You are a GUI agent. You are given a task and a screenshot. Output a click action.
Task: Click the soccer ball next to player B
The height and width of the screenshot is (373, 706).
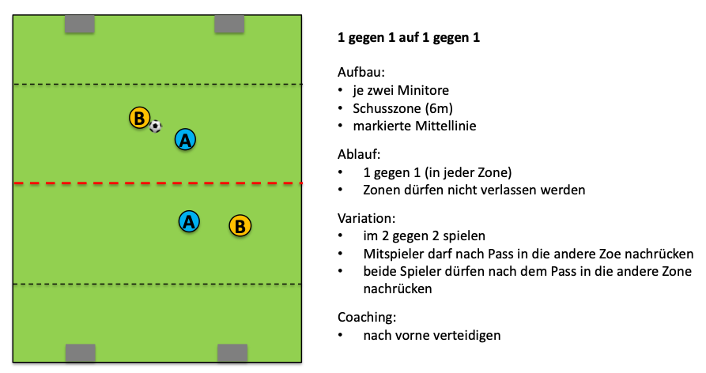156,126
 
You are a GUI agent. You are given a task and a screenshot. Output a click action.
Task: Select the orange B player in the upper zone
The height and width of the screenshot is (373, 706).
139,119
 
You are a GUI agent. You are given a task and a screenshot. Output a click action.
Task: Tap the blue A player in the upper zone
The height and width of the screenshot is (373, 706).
185,140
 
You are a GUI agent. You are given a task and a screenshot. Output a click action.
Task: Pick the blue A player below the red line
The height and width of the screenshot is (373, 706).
189,222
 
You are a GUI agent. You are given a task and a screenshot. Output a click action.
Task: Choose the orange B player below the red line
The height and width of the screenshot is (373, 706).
240,225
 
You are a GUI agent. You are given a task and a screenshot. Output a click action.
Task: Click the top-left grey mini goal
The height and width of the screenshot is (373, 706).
79,24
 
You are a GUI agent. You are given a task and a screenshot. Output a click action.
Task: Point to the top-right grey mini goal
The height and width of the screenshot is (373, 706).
230,24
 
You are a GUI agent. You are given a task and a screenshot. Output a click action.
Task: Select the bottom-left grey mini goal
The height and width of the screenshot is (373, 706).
80,352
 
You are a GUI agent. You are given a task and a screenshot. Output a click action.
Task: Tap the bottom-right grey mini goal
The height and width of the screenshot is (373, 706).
232,352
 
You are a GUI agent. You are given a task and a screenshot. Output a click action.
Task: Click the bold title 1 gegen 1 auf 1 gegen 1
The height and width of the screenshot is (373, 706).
409,37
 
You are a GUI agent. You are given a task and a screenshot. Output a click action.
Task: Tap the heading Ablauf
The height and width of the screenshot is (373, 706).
359,153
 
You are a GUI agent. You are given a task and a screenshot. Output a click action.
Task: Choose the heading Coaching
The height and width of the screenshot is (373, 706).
366,317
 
